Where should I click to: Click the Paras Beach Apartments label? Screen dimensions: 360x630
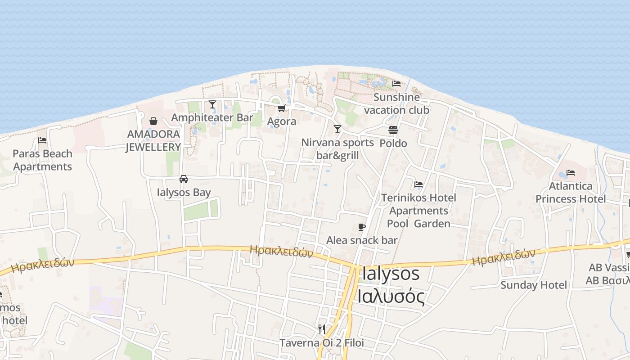pyautogui.click(x=43, y=160)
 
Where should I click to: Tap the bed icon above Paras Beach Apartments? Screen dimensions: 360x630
pyautogui.click(x=42, y=140)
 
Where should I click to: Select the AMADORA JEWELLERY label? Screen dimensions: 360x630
pyautogui.click(x=153, y=140)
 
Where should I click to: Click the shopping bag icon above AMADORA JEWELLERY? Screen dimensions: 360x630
pyautogui.click(x=153, y=121)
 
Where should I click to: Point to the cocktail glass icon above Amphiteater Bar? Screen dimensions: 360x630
pyautogui.click(x=212, y=104)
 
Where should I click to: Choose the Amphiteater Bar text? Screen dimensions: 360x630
pyautogui.click(x=212, y=118)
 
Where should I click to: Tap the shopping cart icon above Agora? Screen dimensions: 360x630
pyautogui.click(x=282, y=108)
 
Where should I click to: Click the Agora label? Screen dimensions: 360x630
pyautogui.click(x=282, y=121)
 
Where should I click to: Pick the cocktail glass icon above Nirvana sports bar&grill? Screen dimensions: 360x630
pyautogui.click(x=337, y=130)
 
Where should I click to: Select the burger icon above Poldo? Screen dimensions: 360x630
pyautogui.click(x=393, y=130)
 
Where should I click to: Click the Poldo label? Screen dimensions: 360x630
pyautogui.click(x=393, y=144)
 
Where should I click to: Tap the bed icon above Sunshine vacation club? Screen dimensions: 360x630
pyautogui.click(x=396, y=84)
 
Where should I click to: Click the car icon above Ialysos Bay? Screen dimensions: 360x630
pyautogui.click(x=184, y=179)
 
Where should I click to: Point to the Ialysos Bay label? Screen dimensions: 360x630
pyautogui.click(x=184, y=193)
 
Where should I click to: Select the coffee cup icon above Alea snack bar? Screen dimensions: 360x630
pyautogui.click(x=362, y=227)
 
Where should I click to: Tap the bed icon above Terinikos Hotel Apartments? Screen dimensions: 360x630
pyautogui.click(x=418, y=184)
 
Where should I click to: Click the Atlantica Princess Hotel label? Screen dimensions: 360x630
pyautogui.click(x=571, y=193)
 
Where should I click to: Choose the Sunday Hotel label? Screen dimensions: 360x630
pyautogui.click(x=534, y=285)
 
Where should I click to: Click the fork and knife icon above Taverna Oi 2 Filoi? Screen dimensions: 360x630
pyautogui.click(x=322, y=329)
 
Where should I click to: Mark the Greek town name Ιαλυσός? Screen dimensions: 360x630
pyautogui.click(x=391, y=296)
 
